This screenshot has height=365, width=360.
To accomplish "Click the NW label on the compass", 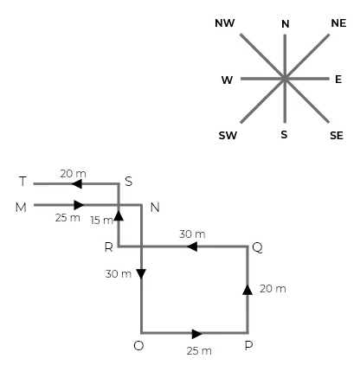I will (225, 22).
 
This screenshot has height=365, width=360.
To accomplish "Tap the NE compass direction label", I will (338, 22).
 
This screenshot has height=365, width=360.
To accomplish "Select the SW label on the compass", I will (228, 136).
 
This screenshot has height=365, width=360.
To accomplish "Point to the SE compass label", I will (337, 136).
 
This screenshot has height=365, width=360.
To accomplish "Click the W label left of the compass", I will (227, 80).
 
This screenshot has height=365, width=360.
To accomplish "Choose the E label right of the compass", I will (338, 80).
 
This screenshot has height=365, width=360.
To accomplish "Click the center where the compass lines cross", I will (285, 79).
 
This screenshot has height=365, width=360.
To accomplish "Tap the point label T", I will (23, 182).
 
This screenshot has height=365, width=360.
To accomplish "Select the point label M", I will (22, 207).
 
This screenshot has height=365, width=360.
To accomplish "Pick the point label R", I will (108, 247).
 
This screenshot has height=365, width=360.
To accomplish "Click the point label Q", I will (257, 247).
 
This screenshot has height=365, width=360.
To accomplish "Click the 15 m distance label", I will (102, 220).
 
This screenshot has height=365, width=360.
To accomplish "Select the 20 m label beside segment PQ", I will (273, 288).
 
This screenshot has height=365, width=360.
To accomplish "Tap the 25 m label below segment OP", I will (198, 351).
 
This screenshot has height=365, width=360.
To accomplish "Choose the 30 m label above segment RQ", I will (192, 234).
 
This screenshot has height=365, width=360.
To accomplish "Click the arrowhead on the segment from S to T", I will (77, 183).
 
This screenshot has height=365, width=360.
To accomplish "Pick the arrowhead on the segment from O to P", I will (197, 333).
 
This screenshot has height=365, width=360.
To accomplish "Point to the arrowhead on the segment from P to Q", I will (247, 289).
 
